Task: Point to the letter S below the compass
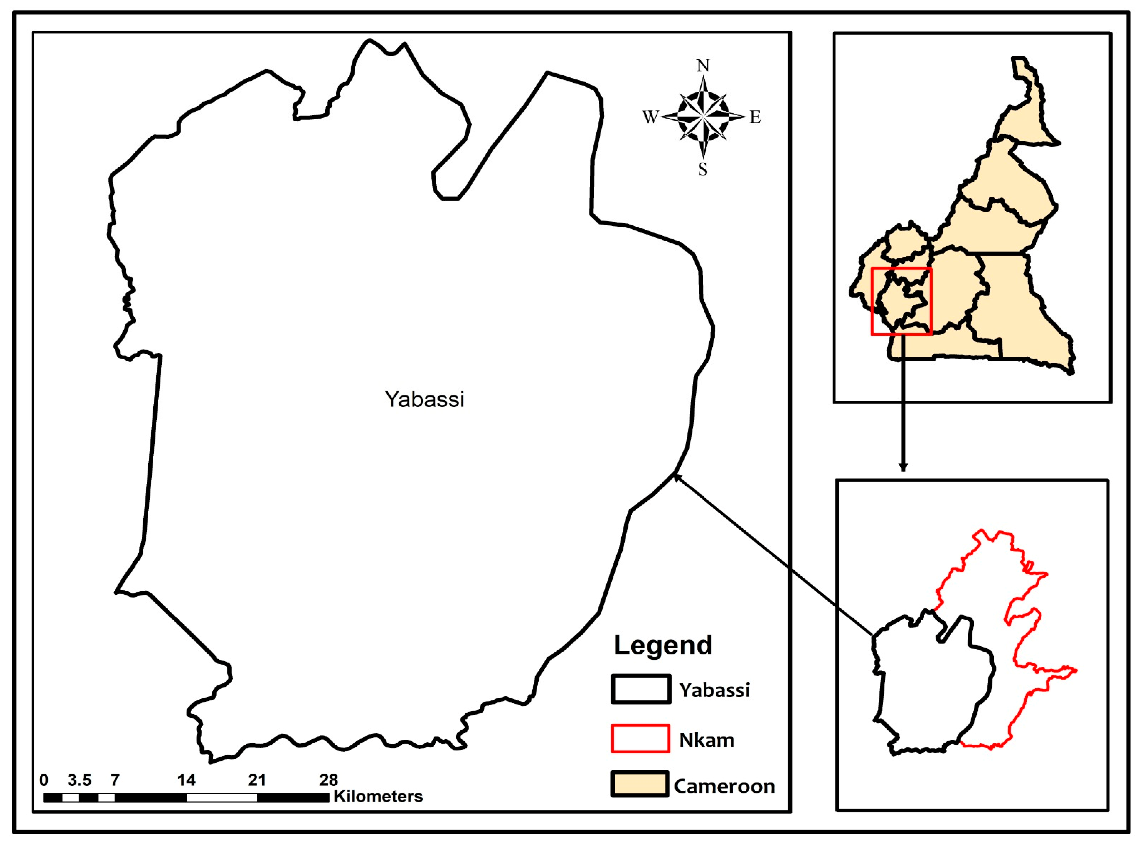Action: coord(703,169)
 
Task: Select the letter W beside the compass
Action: coord(650,117)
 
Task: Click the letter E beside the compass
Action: coord(755,117)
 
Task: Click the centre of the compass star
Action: coord(703,117)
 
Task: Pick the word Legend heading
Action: coord(662,645)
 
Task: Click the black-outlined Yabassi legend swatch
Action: coord(640,689)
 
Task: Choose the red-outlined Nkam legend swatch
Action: coord(640,739)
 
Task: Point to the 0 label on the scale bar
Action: coord(44,780)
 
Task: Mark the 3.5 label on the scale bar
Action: coord(79,780)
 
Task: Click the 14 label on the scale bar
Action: coord(186,780)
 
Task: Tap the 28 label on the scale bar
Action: coord(328,780)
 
